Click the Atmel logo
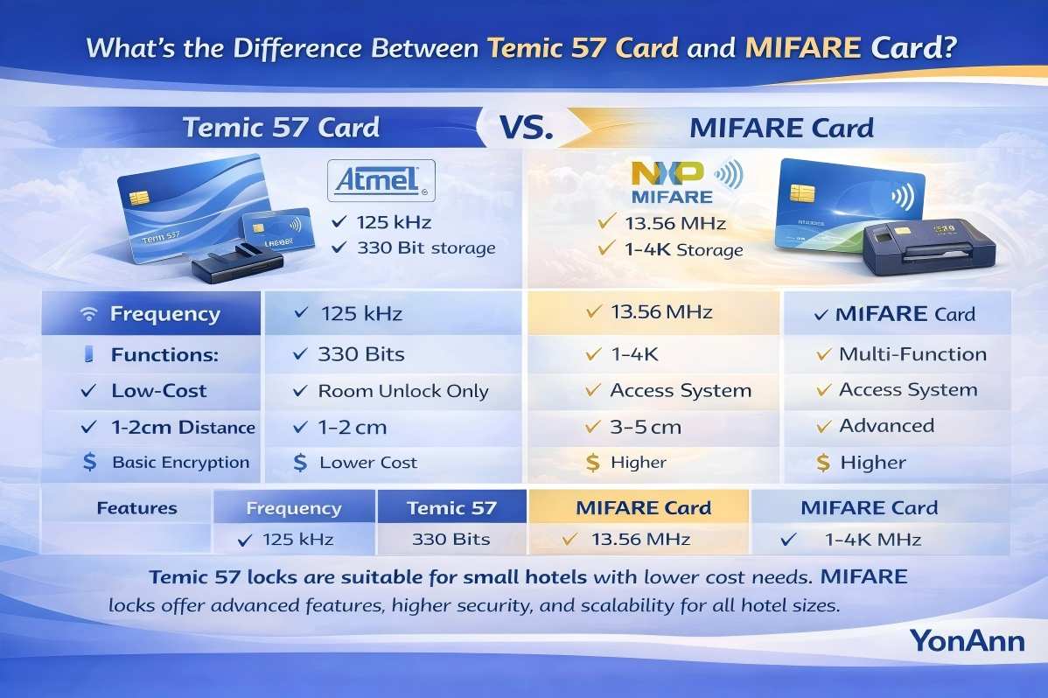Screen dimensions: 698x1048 click(381, 182)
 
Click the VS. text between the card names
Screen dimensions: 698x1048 click(526, 128)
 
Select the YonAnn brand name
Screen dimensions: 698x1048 click(967, 640)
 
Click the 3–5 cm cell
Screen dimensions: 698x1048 click(646, 427)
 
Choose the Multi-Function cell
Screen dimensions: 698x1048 click(900, 354)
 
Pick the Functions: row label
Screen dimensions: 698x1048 click(164, 355)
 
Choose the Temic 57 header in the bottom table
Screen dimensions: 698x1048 click(451, 507)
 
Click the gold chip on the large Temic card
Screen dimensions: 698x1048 click(138, 198)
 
